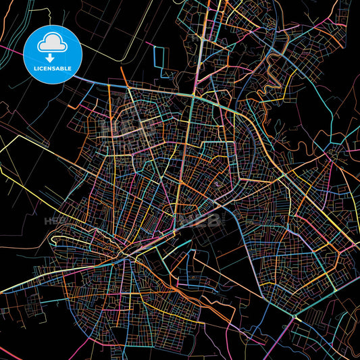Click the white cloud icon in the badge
pos(52,43)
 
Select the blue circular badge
pos(52,54)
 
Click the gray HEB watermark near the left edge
pos(54,221)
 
